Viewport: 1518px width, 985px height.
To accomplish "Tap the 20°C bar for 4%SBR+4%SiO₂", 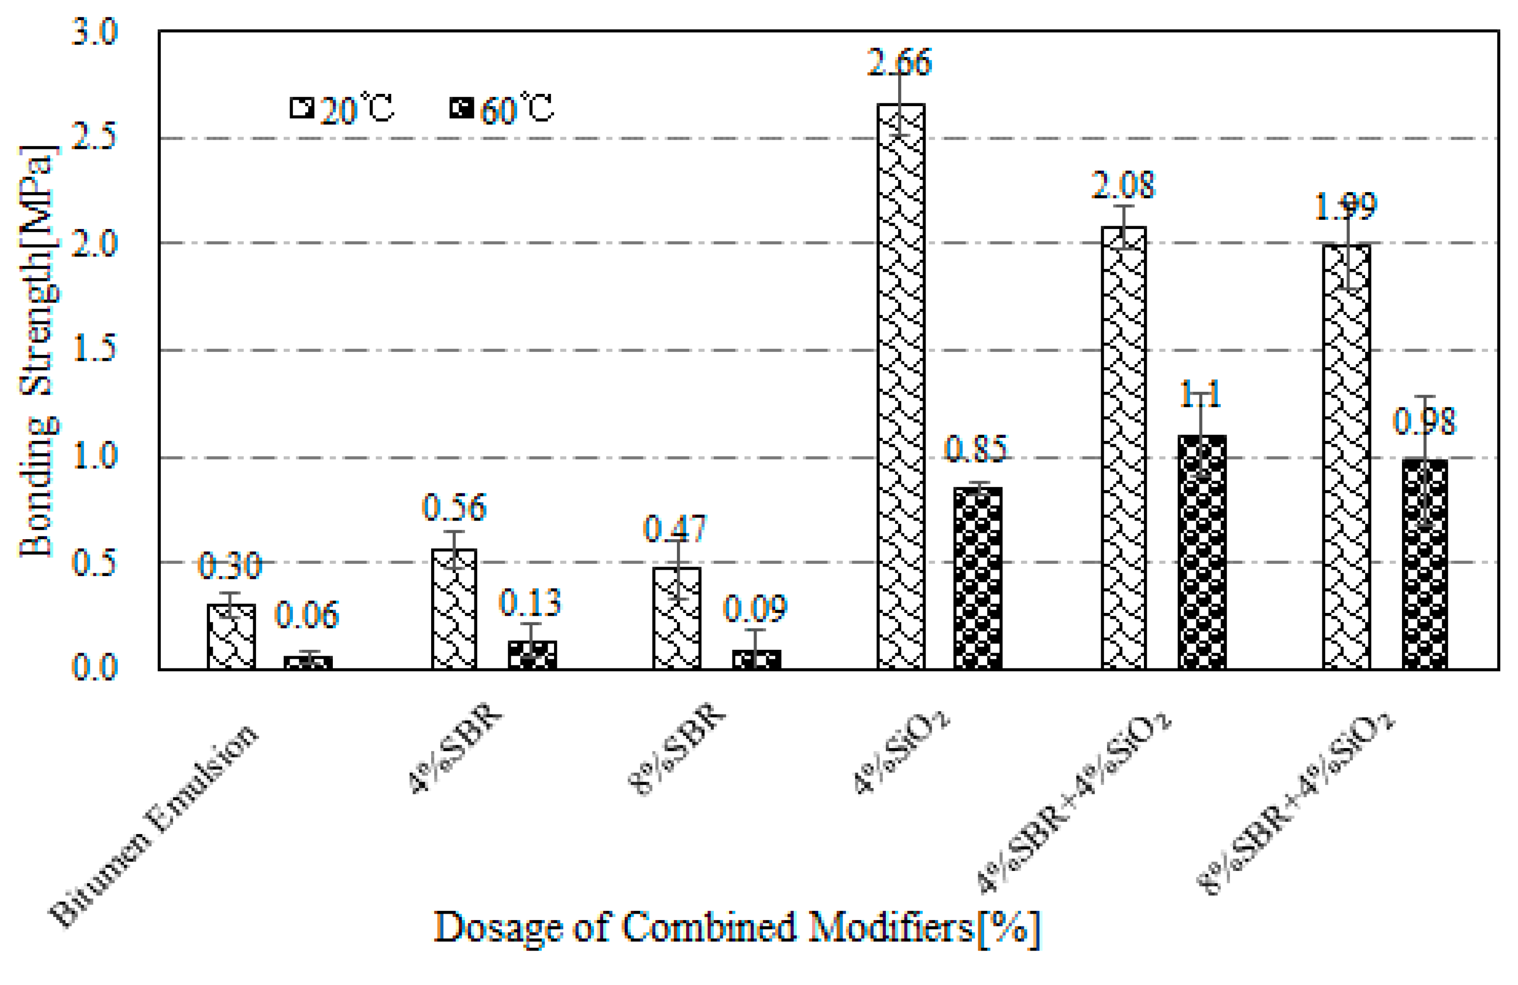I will pyautogui.click(x=1124, y=446).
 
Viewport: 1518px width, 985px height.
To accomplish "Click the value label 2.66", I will pyautogui.click(x=899, y=62).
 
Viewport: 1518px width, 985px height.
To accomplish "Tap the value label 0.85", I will pyautogui.click(x=976, y=449).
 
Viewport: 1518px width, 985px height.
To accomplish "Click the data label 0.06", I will pyautogui.click(x=307, y=615).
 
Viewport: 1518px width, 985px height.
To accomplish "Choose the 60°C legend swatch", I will pyautogui.click(x=461, y=108).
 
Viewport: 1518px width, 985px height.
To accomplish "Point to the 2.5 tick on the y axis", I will pyautogui.click(x=94, y=137).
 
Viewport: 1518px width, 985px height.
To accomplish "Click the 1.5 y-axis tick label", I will pyautogui.click(x=94, y=349).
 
